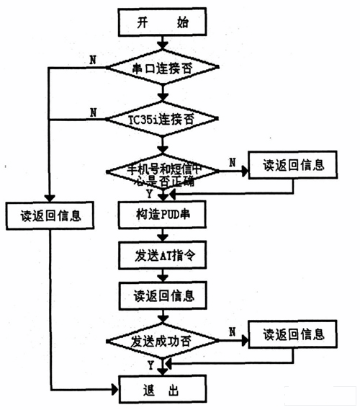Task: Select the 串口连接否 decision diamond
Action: click(x=161, y=69)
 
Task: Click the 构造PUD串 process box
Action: click(x=161, y=215)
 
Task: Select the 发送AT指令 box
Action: click(x=161, y=255)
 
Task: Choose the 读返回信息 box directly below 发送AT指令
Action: click(x=161, y=295)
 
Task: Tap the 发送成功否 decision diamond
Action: click(x=161, y=339)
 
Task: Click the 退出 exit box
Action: click(x=161, y=389)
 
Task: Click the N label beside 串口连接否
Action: click(x=93, y=59)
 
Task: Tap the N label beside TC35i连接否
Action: click(x=93, y=110)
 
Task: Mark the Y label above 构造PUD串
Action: click(x=149, y=194)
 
